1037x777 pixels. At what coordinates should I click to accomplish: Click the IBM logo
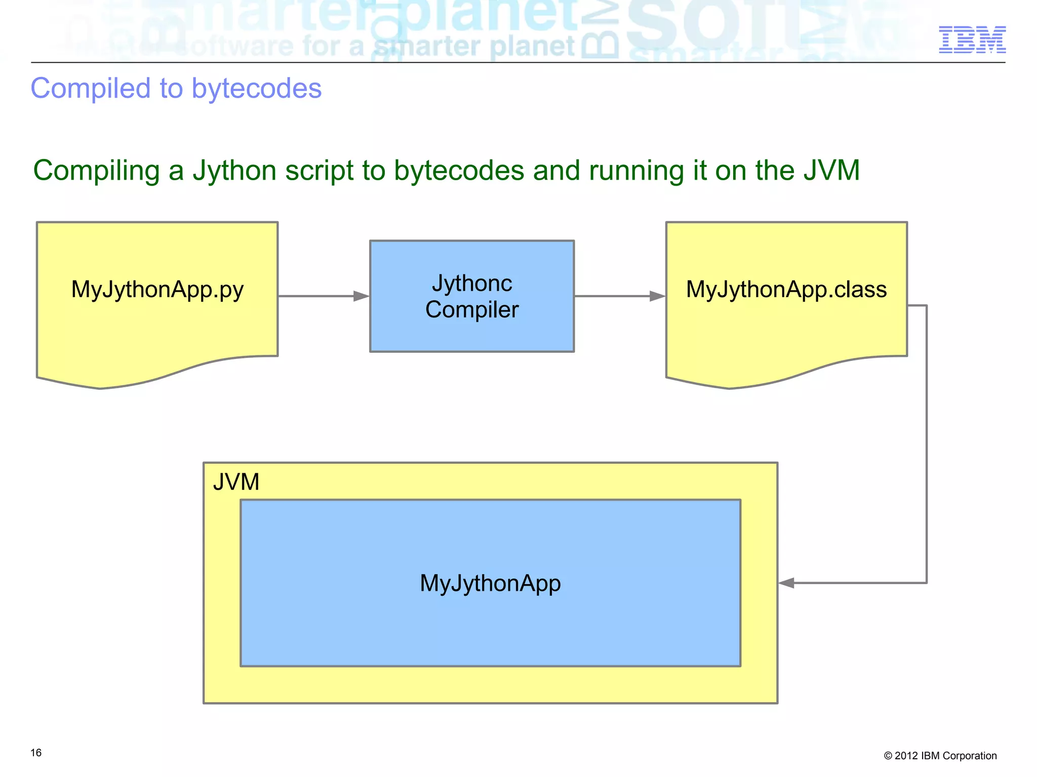[x=972, y=40]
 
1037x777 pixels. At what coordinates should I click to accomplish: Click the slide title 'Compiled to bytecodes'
[x=176, y=89]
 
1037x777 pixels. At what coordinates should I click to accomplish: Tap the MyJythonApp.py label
[x=157, y=290]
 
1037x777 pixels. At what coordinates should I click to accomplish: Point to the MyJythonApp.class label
[x=786, y=290]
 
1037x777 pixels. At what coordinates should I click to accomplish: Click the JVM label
[x=236, y=481]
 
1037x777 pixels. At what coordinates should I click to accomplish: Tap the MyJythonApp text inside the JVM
[x=490, y=583]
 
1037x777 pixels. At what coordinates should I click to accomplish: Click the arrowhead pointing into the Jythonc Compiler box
[x=362, y=296]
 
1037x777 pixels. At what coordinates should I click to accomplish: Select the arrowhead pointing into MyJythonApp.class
[x=657, y=296]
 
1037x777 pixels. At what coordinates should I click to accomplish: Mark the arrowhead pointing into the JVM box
[x=786, y=583]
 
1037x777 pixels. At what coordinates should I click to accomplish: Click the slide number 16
[x=36, y=753]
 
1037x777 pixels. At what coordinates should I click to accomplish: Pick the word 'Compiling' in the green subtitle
[x=97, y=171]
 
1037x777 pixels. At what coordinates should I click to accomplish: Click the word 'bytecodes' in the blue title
[x=257, y=89]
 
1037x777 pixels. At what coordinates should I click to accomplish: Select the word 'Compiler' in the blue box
[x=472, y=310]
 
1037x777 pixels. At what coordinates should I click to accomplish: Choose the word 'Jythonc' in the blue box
[x=472, y=283]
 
